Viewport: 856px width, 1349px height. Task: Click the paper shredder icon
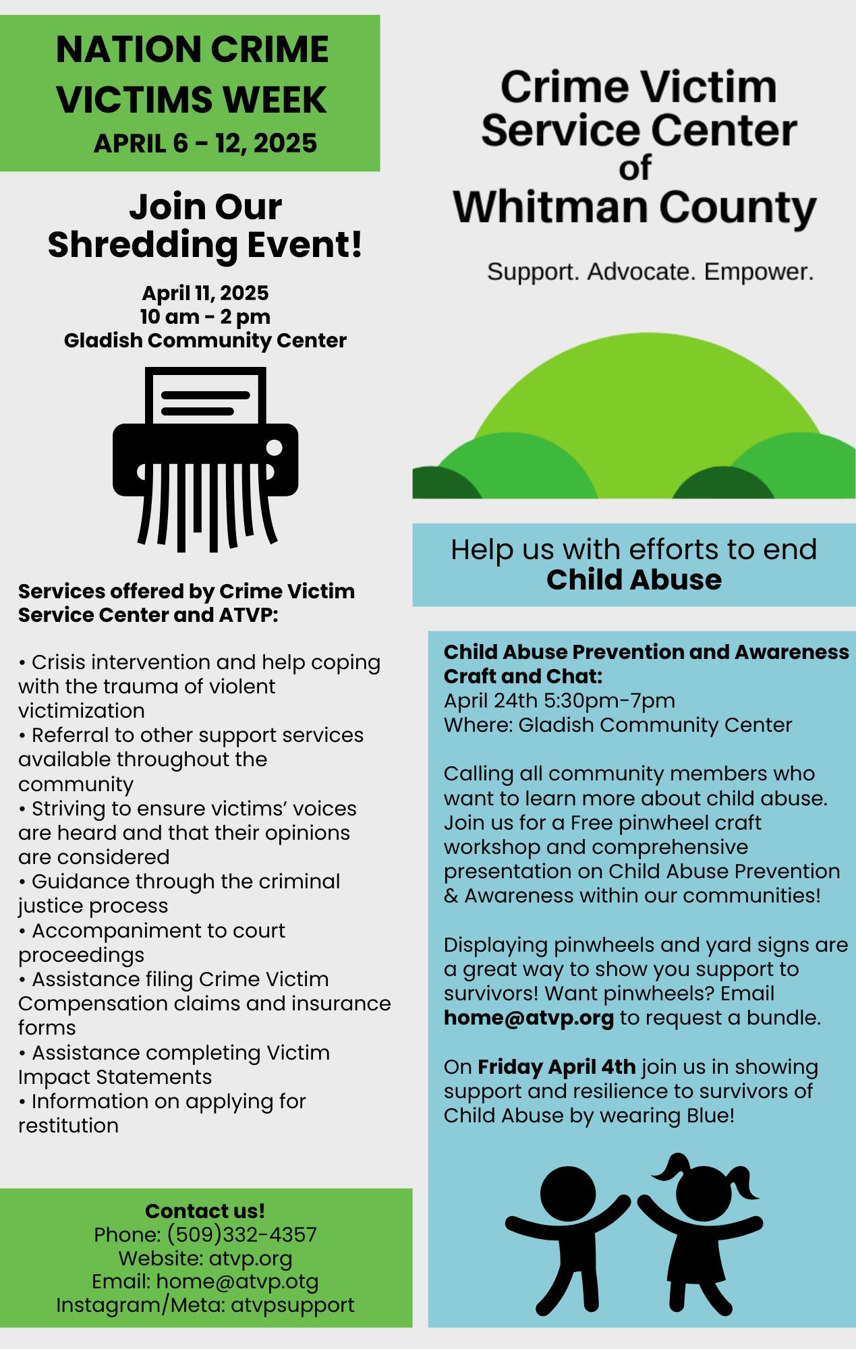pyautogui.click(x=205, y=459)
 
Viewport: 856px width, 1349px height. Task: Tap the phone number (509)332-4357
pyautogui.click(x=241, y=1234)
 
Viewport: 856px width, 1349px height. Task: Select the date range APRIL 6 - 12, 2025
pyautogui.click(x=205, y=143)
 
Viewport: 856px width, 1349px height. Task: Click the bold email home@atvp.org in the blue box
pyautogui.click(x=528, y=1017)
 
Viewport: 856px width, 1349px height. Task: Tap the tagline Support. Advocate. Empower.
pyautogui.click(x=650, y=272)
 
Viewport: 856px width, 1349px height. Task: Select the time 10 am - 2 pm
pyautogui.click(x=205, y=316)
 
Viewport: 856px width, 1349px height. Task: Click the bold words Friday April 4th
pyautogui.click(x=557, y=1066)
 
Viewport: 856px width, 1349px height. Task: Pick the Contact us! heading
pyautogui.click(x=205, y=1211)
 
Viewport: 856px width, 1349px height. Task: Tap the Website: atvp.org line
pyautogui.click(x=205, y=1258)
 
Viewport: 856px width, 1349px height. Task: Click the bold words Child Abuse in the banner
pyautogui.click(x=633, y=579)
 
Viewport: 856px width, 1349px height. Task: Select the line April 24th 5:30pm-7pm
pyautogui.click(x=559, y=700)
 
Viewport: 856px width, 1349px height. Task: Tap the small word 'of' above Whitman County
pyautogui.click(x=635, y=167)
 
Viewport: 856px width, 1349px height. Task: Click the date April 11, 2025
pyautogui.click(x=205, y=293)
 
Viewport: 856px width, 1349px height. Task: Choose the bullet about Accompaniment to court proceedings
pyautogui.click(x=152, y=942)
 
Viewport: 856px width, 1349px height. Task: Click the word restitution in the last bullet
pyautogui.click(x=68, y=1125)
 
